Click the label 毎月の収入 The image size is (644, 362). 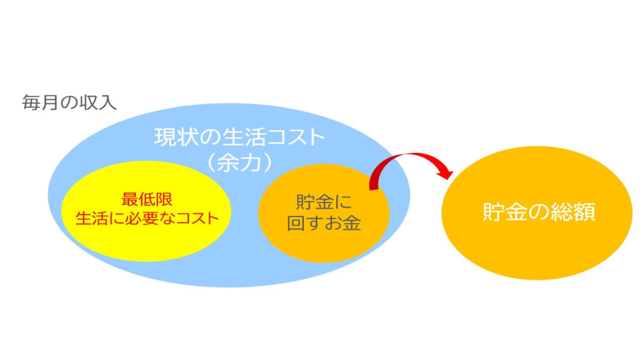tap(69, 104)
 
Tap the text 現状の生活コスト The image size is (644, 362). tap(239, 139)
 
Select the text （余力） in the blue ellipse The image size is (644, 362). tap(239, 163)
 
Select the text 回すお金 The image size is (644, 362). tap(324, 223)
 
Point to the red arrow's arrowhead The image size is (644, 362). tap(445, 173)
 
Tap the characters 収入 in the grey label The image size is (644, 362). tap(101, 104)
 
